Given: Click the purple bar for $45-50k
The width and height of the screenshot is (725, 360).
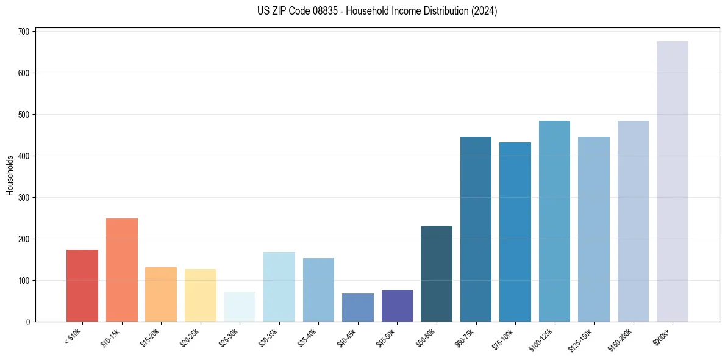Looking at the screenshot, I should click(397, 306).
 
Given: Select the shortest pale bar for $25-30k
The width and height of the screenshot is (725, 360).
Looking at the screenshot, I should click(240, 306).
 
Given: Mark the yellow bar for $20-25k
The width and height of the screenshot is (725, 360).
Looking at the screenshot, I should click(201, 295).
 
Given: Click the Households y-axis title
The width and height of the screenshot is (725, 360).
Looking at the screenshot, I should click(10, 175).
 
